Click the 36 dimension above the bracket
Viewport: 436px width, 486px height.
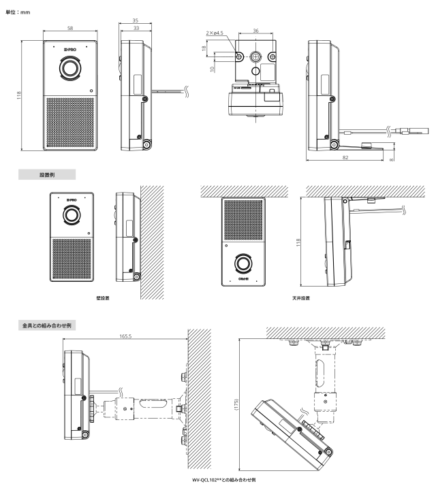255,30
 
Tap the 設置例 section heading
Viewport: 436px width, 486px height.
47,174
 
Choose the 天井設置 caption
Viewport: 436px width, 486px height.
298,297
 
